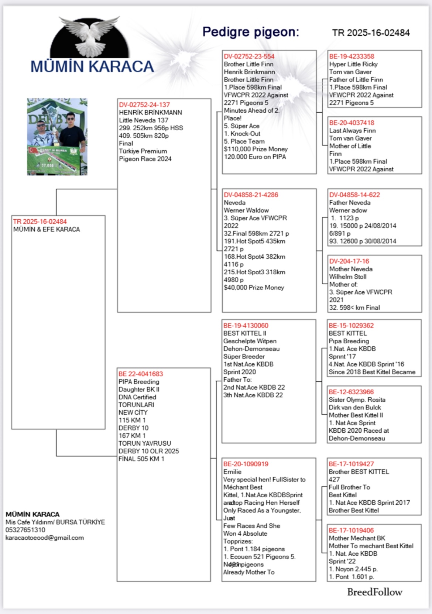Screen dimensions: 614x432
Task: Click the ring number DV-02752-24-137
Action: [x=144, y=105]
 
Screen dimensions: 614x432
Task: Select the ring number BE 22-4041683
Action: [x=141, y=374]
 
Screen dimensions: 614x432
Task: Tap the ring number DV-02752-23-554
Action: [x=249, y=56]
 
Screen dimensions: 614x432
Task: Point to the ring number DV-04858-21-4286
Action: [x=251, y=195]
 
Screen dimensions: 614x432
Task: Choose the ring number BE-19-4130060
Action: [x=246, y=326]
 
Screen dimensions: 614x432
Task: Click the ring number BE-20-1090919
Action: [x=246, y=464]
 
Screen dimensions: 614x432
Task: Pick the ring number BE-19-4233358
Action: [x=352, y=56]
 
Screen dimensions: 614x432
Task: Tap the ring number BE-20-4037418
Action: [x=352, y=123]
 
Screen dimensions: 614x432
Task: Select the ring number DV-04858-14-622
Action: [x=354, y=195]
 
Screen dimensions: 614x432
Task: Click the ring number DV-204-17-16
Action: [x=349, y=261]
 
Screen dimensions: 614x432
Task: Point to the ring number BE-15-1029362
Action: [x=351, y=326]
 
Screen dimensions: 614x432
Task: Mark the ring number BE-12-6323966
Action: [x=351, y=392]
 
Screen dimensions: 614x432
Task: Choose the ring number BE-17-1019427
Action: [x=351, y=464]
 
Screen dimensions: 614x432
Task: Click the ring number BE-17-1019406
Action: [x=351, y=531]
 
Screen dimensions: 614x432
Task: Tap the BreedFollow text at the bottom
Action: [x=374, y=592]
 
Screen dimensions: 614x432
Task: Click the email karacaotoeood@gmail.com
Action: [x=45, y=538]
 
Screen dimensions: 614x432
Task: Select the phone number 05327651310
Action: [x=25, y=530]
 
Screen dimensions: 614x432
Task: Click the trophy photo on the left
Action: [x=57, y=137]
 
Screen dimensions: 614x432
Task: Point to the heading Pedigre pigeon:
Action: [x=251, y=32]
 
